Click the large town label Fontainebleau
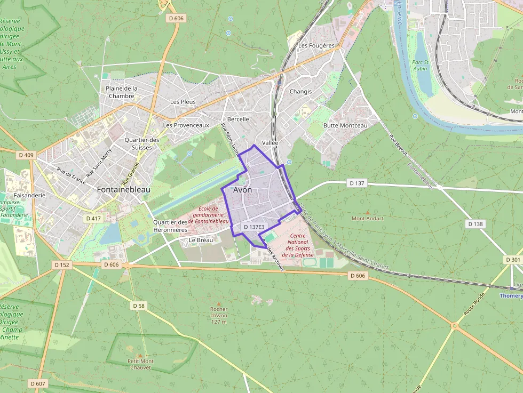[x=124, y=189]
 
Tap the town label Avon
[x=242, y=190]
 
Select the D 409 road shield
[x=26, y=155]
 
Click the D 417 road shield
[x=93, y=219]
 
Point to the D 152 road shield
[x=62, y=264]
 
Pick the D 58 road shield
[x=138, y=306]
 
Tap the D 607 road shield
[x=38, y=383]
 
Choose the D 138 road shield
[x=475, y=224]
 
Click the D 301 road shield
[x=512, y=260]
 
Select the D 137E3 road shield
[x=254, y=227]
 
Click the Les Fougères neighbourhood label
[x=316, y=46]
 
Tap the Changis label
[x=300, y=91]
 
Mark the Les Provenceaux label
[x=186, y=125]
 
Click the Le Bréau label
[x=201, y=240]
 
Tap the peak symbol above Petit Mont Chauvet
[x=140, y=355]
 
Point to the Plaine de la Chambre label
[x=122, y=92]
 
